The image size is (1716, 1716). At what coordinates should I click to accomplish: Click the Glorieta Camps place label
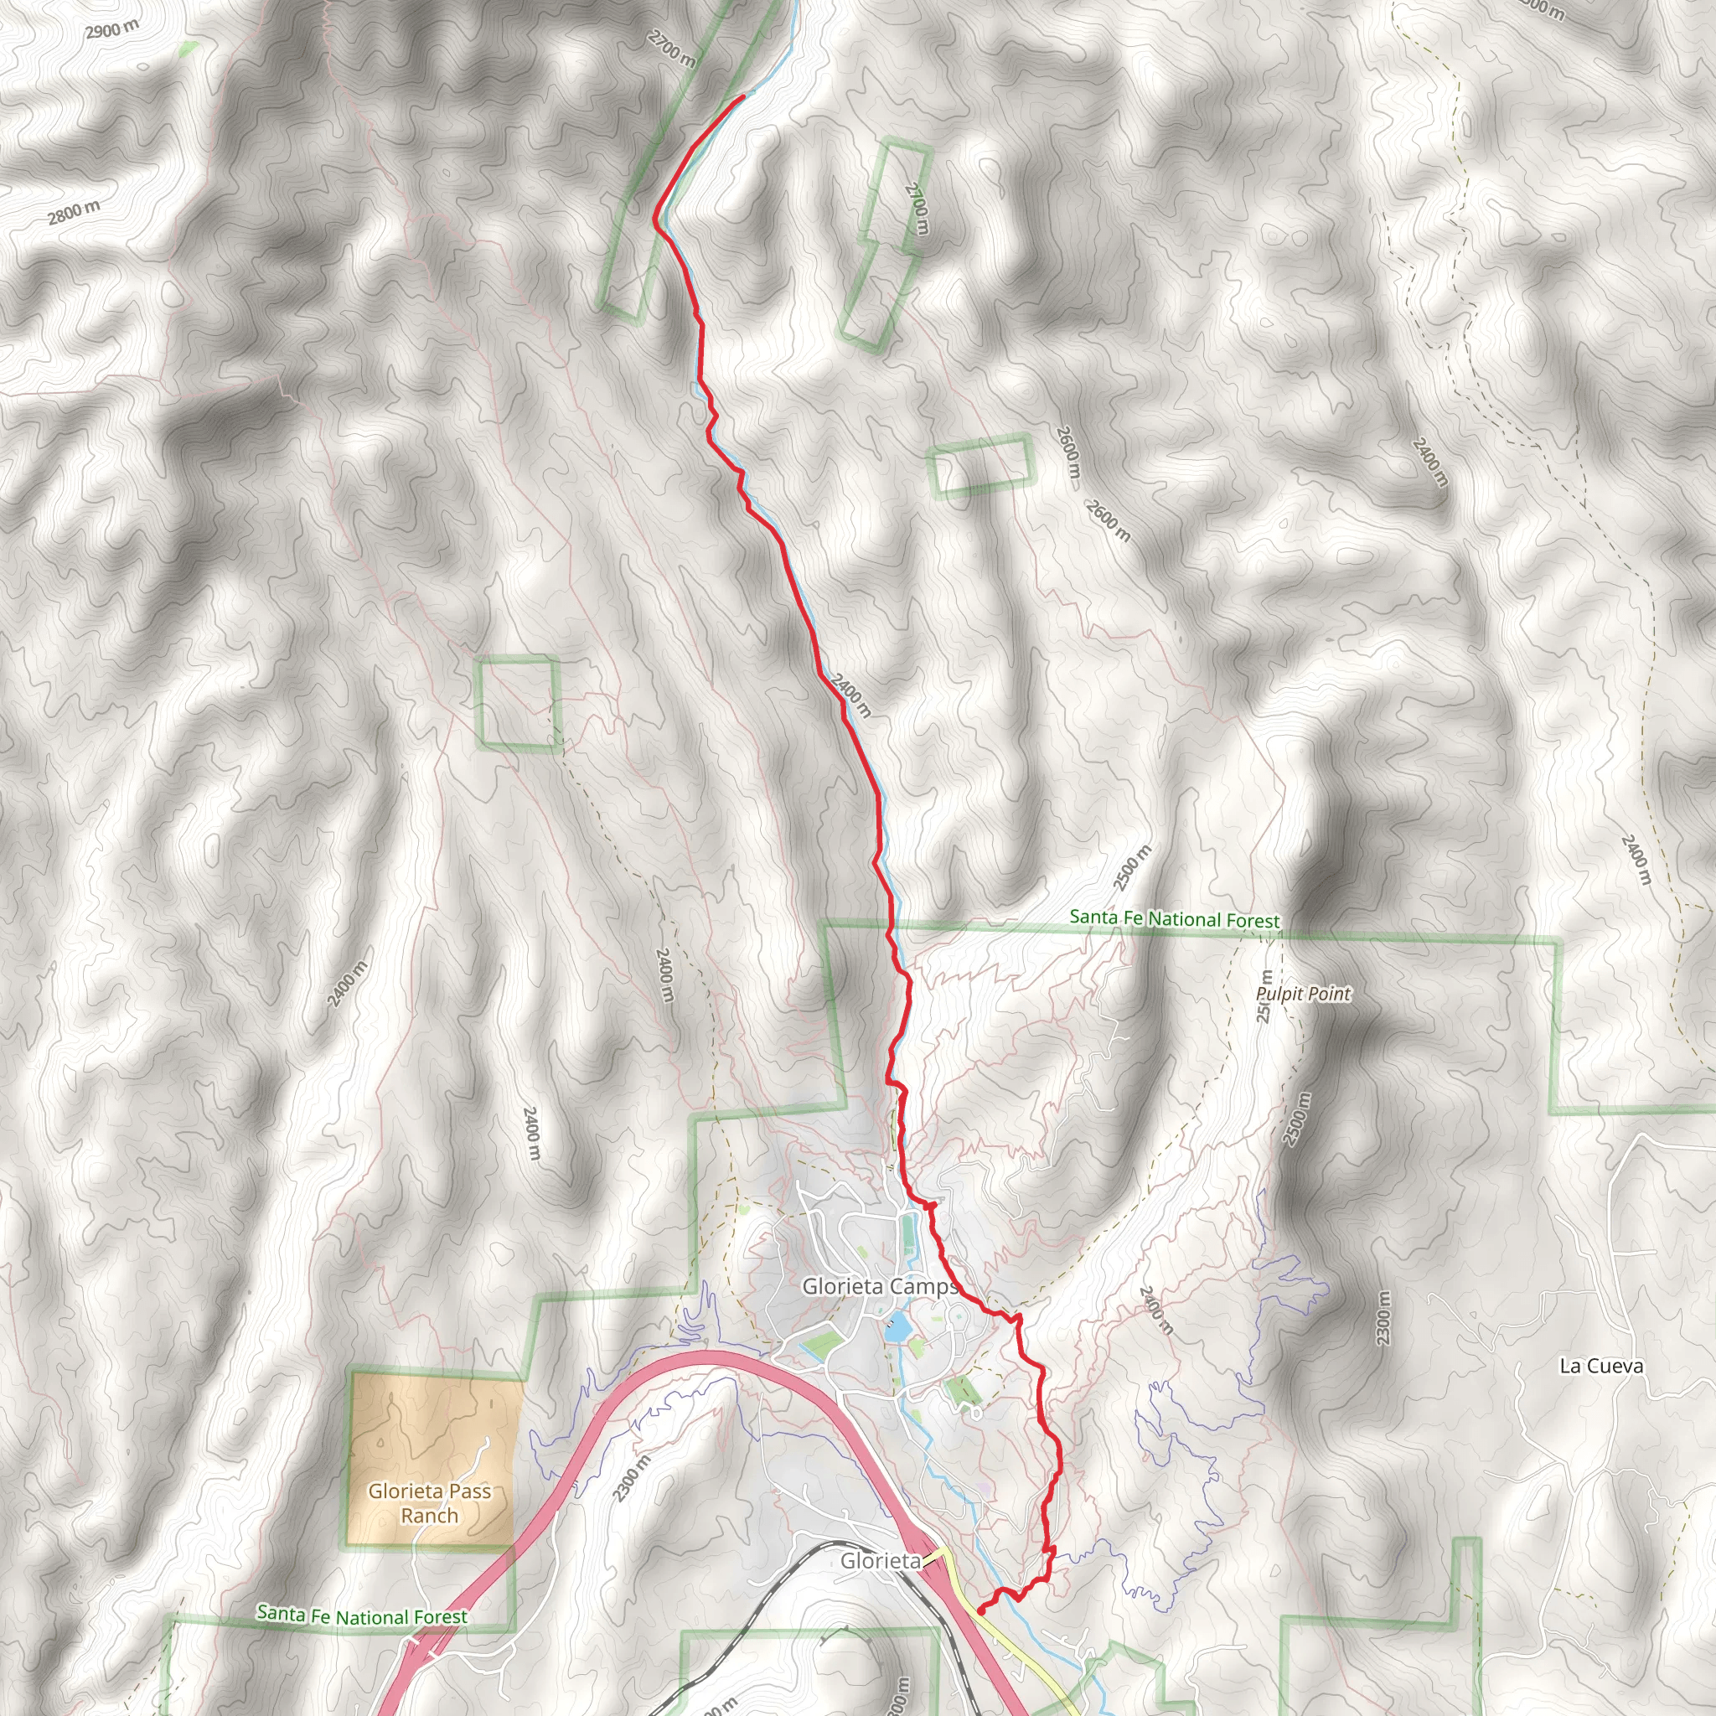879,1286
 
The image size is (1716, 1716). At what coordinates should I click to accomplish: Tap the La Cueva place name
1600,1366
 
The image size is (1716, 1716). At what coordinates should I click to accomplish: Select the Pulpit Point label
1303,994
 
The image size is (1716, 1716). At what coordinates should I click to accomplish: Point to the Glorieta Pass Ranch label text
430,1503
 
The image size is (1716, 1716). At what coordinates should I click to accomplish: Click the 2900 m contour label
112,30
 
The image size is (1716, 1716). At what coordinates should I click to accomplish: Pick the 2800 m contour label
74,212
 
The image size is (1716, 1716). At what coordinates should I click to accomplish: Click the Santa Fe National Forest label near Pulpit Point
1174,918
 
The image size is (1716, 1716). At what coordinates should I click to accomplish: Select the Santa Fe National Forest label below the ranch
361,1615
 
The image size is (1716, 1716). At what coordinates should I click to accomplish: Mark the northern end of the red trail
742,96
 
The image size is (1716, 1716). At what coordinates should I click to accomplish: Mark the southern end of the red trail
979,1610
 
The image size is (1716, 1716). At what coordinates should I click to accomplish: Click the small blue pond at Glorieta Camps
897,1329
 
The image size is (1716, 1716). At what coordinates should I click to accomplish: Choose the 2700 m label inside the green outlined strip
917,209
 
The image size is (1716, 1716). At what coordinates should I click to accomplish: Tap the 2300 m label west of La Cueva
1383,1317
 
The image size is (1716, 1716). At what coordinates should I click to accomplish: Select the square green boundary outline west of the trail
519,705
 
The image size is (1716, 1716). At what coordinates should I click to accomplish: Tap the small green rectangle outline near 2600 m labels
982,463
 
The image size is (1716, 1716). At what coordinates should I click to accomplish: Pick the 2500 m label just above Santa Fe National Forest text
1131,868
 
